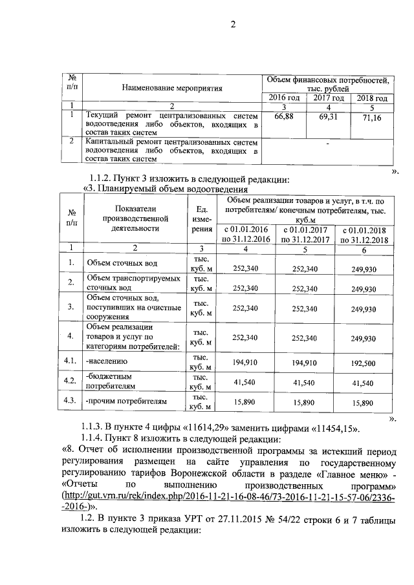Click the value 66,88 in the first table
click(284, 116)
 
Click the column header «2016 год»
click(284, 98)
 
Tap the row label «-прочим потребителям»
click(126, 401)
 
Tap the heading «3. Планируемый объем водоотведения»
click(166, 189)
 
